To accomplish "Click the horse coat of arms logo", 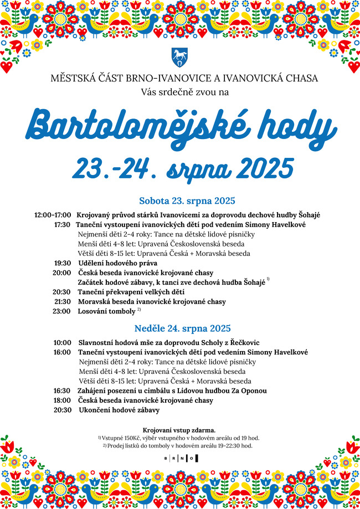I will pos(179,57).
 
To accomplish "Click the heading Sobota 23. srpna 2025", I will pos(188,200).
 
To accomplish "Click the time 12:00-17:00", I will pos(52,215).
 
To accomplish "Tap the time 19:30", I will pos(62,263).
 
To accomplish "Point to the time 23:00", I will pos(62,311).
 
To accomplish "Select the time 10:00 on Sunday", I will pos(62,343).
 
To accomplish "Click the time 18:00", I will pos(62,400).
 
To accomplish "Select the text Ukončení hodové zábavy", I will pos(119,410).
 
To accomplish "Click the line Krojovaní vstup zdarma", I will pos(179,430).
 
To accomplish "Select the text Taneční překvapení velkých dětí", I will pos(131,292).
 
